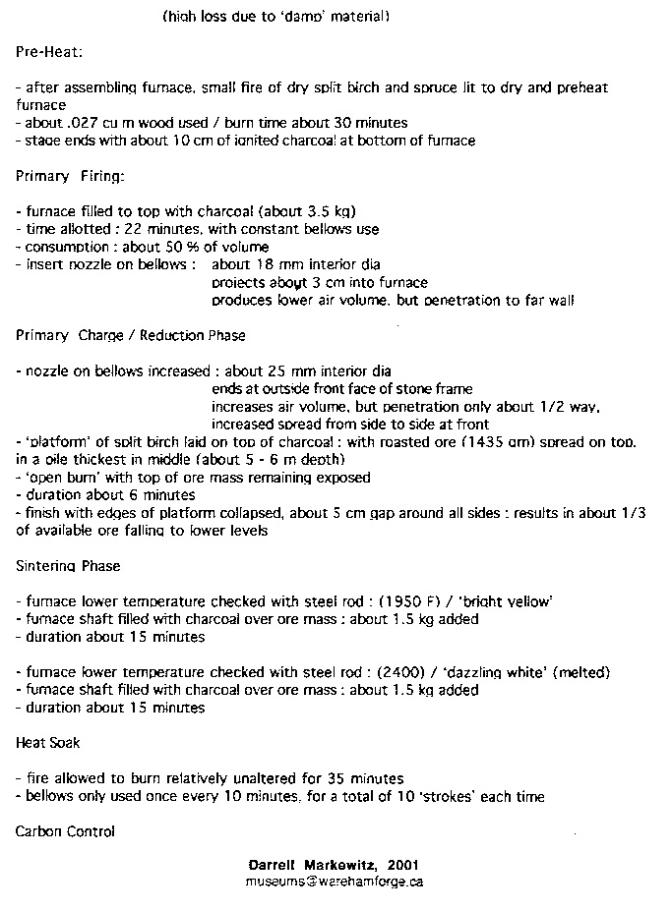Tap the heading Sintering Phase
[68, 566]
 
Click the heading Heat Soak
[48, 743]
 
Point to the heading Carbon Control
[65, 831]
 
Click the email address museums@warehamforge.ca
[335, 882]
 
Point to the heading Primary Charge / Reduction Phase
[131, 335]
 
